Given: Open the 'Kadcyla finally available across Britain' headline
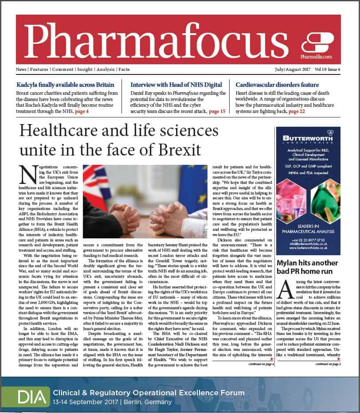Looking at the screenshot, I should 65,85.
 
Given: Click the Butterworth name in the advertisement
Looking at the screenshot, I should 308,139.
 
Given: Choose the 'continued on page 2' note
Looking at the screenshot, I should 328,364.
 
